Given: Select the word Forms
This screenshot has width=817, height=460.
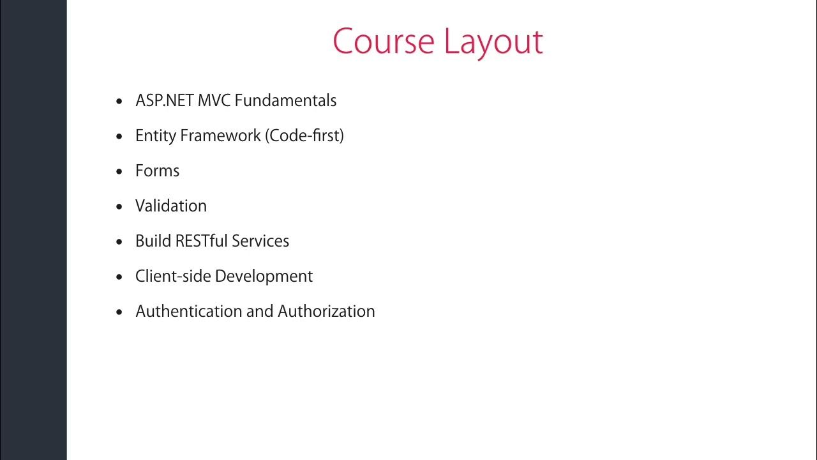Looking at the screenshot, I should point(157,171).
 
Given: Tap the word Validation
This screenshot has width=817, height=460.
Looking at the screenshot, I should point(171,206).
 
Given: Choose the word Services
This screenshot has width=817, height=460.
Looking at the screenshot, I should point(260,241).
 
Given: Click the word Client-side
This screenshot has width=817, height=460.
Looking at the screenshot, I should point(173,276).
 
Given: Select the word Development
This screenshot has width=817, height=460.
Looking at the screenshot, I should point(264,277).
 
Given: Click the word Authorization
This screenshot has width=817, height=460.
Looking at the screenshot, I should point(326,311).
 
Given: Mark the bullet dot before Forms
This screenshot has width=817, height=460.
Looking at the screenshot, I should point(119,171).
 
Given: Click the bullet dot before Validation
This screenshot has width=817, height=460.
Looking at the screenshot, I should point(119,206).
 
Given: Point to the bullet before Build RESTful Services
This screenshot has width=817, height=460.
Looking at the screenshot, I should point(119,241).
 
